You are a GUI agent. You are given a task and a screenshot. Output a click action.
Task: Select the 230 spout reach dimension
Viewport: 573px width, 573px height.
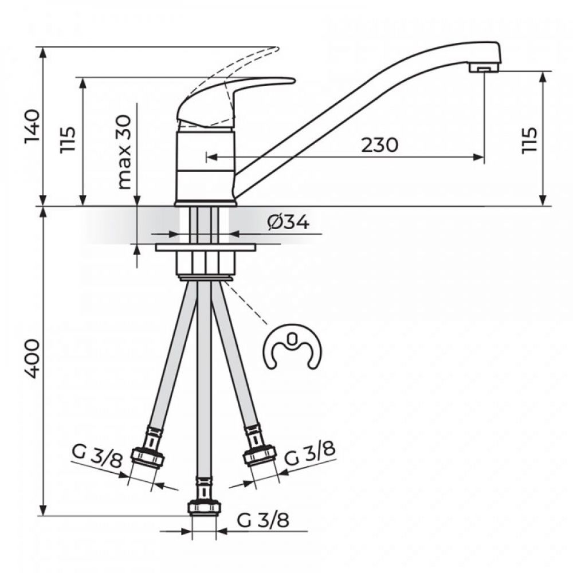coord(379,145)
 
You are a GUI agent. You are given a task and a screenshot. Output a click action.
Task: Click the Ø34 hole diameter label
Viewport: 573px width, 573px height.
coord(288,222)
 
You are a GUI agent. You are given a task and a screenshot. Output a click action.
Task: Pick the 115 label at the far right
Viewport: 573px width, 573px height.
coord(529,139)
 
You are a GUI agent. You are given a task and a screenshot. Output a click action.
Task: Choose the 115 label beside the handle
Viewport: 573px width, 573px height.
coord(69,139)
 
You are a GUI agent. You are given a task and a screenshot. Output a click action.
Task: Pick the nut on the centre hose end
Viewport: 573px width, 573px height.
coord(204,508)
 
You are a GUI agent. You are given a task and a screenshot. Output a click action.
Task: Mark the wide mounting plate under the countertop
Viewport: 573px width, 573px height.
coord(205,248)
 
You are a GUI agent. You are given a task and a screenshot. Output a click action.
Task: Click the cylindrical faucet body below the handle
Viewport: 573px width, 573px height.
coord(205,166)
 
